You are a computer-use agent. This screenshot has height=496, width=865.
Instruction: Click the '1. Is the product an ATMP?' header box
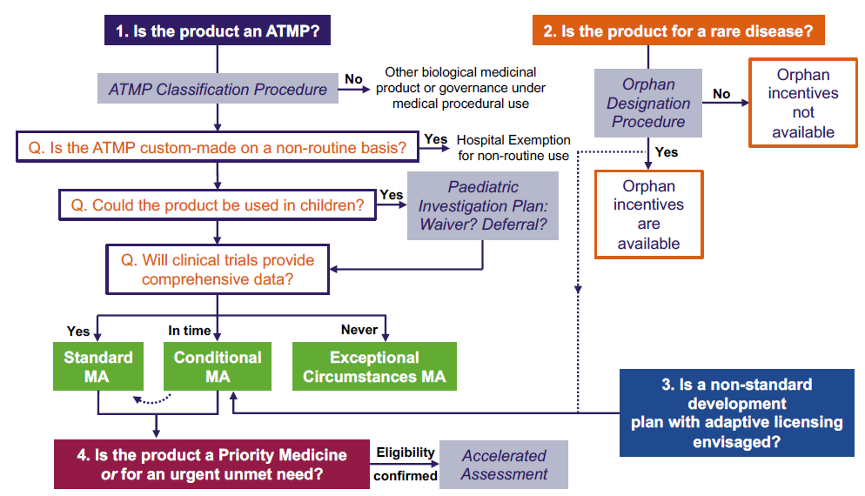pos(218,31)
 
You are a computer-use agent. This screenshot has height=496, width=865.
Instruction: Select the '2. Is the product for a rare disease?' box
pos(678,31)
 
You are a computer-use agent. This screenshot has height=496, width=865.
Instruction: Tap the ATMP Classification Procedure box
pos(218,90)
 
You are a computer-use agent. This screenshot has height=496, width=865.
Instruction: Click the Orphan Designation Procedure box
pos(648,103)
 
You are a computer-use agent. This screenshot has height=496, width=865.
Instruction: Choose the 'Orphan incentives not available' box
pos(803,104)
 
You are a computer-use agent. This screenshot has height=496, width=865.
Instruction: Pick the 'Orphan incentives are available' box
pos(648,214)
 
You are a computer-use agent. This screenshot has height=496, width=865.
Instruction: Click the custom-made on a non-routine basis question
pos(217,148)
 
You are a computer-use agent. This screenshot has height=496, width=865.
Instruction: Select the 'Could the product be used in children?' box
pos(217,205)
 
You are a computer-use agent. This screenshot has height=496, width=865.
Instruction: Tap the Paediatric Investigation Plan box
pos(483,205)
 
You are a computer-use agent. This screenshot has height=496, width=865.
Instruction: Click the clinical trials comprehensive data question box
pos(217,269)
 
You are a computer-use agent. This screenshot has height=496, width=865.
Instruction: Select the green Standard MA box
pos(98,366)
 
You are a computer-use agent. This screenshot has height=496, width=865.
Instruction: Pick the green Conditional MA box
pos(218,366)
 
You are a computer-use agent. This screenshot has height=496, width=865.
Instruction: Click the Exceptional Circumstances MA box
pos(374,366)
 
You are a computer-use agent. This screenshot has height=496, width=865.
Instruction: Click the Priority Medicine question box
pos(212,465)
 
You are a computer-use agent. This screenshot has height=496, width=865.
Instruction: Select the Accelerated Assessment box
pos(504,465)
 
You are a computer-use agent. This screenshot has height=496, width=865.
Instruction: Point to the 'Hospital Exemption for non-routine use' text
pos(513,147)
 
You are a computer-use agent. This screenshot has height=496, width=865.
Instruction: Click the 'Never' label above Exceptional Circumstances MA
pos(359,330)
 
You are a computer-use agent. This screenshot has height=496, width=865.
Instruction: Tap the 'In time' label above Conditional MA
pos(191,330)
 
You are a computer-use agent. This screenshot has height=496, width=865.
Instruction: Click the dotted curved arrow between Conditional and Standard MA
pos(151,399)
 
